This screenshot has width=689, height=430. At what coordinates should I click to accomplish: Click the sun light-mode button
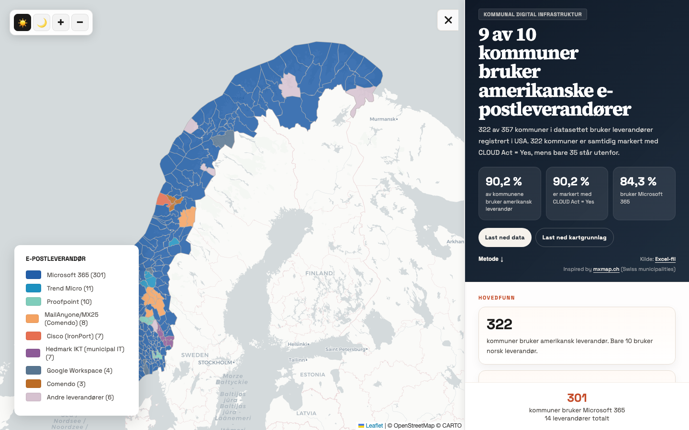point(22,22)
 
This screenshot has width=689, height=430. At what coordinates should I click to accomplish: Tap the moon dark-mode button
point(42,22)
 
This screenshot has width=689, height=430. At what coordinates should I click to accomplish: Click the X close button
point(448,20)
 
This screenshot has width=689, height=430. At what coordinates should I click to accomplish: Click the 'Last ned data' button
point(505,237)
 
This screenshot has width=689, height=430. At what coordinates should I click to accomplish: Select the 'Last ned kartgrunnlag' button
point(574,237)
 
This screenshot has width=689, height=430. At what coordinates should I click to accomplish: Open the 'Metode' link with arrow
point(491,259)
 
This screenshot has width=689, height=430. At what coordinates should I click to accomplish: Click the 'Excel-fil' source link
point(665,259)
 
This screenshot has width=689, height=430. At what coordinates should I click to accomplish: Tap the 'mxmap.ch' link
point(606,269)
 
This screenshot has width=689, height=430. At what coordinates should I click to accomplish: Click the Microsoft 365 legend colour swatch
point(33,275)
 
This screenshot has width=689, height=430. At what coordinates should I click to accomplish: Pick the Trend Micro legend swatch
point(33,288)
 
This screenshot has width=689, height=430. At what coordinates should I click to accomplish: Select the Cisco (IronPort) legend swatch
point(33,336)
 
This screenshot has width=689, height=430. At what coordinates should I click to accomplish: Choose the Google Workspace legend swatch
point(33,370)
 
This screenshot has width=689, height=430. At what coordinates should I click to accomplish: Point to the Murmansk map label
point(383,119)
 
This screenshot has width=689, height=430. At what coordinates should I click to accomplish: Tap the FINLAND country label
point(319,273)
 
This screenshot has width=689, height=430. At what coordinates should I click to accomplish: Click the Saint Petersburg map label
point(345,349)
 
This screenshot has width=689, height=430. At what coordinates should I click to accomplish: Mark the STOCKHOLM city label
point(215,363)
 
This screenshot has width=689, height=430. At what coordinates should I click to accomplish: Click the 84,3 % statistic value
point(638,182)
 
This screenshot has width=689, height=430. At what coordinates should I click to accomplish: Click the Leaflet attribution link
point(374,426)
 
